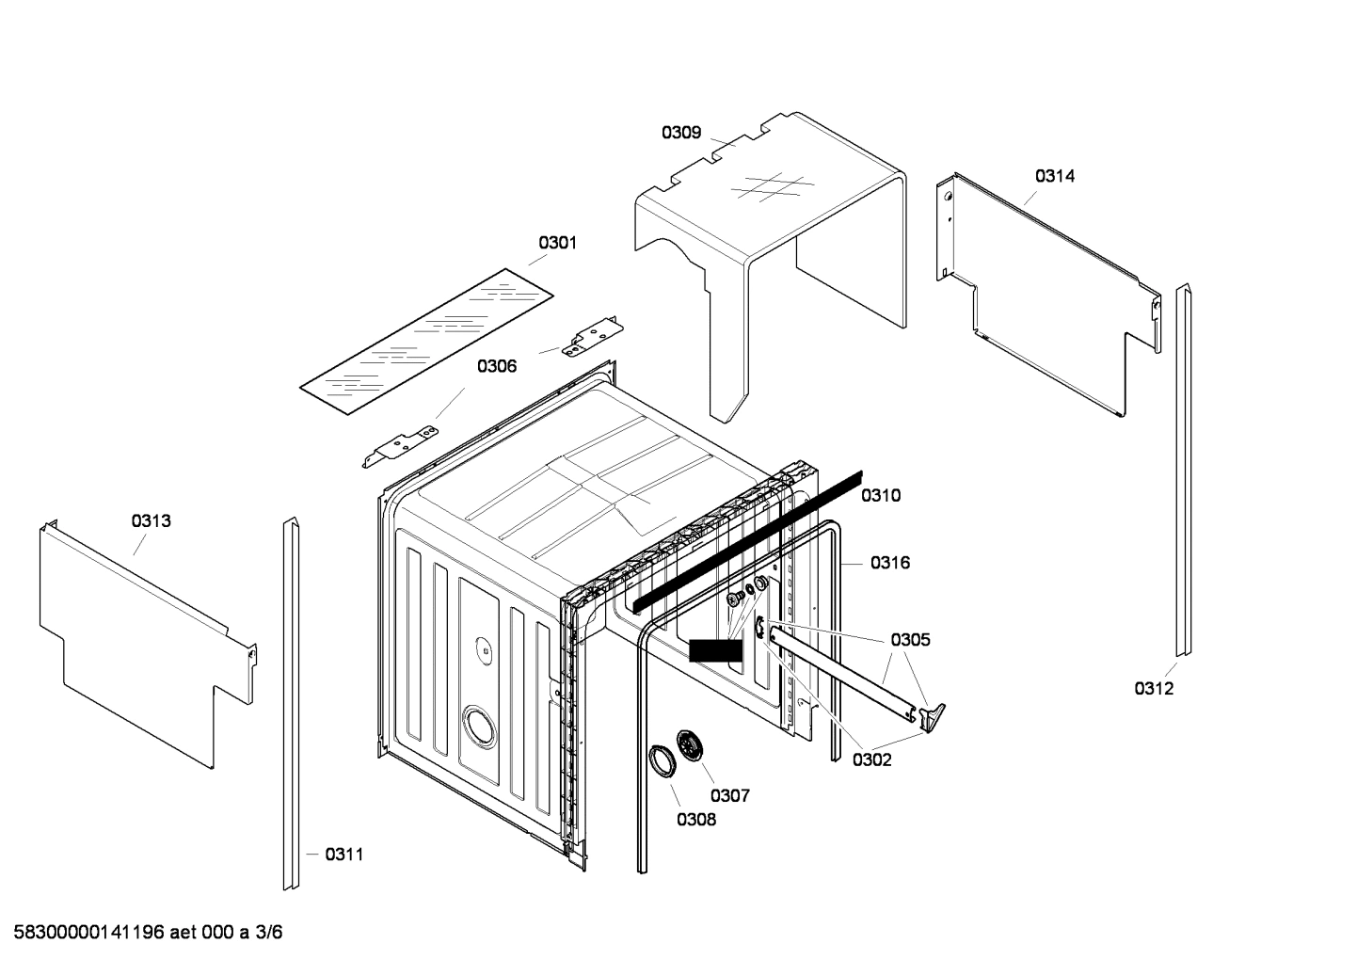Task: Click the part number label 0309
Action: coord(680,133)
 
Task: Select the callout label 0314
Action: coord(1055,176)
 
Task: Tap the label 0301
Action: coord(557,243)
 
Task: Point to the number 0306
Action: coord(496,366)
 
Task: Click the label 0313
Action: coord(151,520)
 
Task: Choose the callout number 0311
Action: coord(343,855)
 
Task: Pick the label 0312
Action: coord(1153,689)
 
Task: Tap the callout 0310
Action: coord(880,496)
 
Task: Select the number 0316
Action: coord(889,563)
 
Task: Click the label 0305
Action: coord(910,640)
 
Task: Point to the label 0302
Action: coord(871,760)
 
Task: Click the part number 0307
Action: coord(729,796)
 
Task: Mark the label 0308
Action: coord(695,820)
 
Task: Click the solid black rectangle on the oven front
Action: coord(715,650)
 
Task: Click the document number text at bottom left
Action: coord(141,933)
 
